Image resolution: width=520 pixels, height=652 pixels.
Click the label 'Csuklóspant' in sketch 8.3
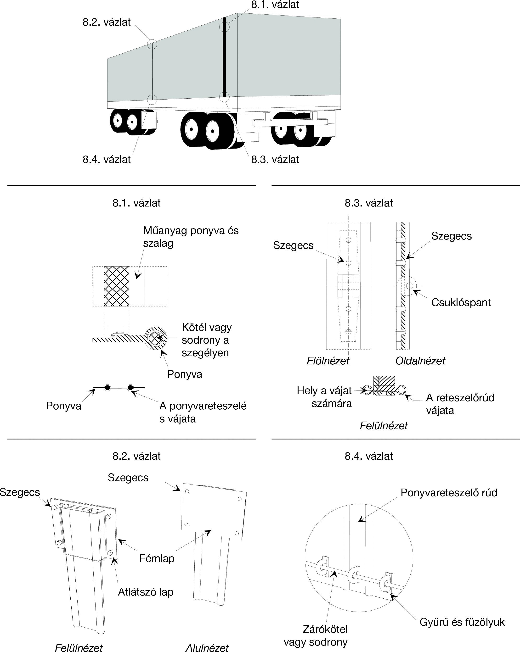click(x=461, y=302)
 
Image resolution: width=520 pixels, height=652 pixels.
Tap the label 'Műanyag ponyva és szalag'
click(x=191, y=237)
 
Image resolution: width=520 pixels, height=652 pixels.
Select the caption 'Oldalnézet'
click(x=420, y=361)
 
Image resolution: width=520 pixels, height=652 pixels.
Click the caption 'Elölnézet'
click(x=328, y=361)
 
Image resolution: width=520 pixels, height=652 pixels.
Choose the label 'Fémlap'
click(x=157, y=558)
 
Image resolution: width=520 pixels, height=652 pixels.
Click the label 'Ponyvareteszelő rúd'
click(x=449, y=493)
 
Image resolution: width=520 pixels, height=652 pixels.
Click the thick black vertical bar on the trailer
click(x=224, y=57)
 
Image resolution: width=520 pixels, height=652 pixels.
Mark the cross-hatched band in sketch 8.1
click(x=116, y=286)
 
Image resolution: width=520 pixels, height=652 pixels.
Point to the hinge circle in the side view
click(x=410, y=285)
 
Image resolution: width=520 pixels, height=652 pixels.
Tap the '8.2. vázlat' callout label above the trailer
click(x=107, y=22)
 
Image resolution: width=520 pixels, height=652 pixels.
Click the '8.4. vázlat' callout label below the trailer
click(x=107, y=159)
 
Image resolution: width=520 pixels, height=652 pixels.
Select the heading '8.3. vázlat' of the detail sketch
click(x=368, y=203)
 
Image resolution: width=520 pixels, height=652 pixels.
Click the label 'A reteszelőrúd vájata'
click(x=460, y=404)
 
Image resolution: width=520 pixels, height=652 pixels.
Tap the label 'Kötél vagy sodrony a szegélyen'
click(x=206, y=340)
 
